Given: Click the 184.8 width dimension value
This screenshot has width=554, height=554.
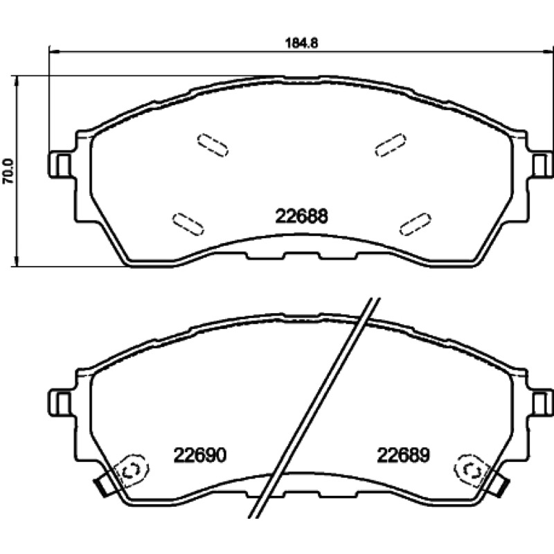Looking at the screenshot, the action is [x=302, y=43].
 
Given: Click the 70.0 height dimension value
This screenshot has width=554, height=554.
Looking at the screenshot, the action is [x=8, y=171].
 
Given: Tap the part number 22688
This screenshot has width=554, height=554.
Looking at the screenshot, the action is [x=301, y=216].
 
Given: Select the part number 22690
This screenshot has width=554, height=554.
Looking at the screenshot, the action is [x=199, y=455].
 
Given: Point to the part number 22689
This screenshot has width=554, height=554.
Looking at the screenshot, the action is [x=403, y=455].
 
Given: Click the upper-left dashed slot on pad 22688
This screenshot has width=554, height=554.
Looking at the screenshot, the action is [x=213, y=145].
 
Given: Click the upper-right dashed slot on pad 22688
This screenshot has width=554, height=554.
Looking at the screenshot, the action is [x=391, y=145].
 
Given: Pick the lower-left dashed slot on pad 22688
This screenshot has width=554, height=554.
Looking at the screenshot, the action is [x=188, y=224].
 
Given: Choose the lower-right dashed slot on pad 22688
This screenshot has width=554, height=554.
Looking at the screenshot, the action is [x=415, y=224].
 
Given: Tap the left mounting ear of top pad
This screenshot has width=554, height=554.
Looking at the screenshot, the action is [x=60, y=165].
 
